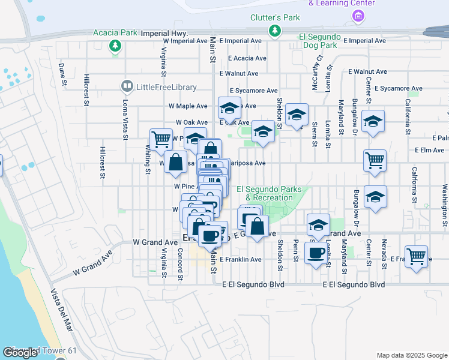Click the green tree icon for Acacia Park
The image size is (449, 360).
[114, 46]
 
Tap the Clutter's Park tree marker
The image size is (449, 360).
[275, 31]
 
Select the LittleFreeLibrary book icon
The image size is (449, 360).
[127, 87]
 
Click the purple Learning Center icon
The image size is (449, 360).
[358, 15]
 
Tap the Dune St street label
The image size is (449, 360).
[62, 72]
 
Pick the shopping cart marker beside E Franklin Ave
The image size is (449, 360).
[416, 256]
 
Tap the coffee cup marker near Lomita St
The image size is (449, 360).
[316, 253]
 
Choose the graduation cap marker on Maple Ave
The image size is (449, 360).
[229, 108]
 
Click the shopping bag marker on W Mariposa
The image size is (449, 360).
[175, 162]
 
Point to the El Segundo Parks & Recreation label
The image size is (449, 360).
[269, 193]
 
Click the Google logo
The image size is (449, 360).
[20, 353]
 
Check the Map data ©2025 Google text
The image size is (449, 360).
[411, 355]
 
